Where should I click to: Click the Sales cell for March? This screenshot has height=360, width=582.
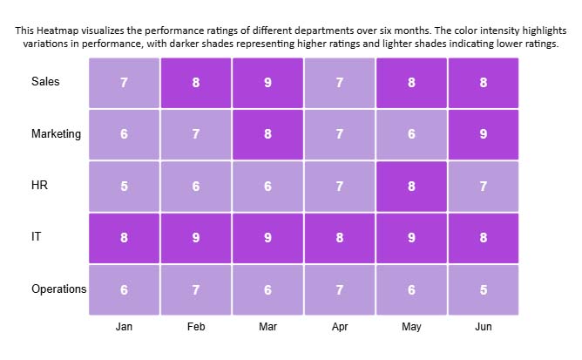point(267,83)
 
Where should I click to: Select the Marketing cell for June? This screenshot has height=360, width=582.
point(484,134)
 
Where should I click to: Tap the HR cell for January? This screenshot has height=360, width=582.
point(124,186)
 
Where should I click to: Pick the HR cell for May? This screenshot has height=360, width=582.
point(411,186)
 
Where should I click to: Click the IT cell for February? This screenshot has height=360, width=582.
point(196,237)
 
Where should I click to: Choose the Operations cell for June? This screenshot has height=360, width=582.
point(484,289)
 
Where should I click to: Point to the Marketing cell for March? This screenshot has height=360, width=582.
point(267,134)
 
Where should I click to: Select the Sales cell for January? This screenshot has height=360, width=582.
point(124,83)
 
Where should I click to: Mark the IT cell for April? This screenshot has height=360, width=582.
point(340,237)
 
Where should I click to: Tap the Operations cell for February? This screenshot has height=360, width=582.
point(196,289)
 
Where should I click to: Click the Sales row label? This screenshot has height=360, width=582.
point(45,82)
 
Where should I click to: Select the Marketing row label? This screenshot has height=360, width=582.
point(56,134)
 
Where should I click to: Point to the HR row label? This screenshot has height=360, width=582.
point(39,186)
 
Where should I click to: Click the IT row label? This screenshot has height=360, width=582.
point(36,237)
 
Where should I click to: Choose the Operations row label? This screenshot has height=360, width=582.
point(58,289)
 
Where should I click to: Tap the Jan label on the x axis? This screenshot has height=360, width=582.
point(124,328)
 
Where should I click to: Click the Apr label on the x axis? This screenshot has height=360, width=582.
point(340,328)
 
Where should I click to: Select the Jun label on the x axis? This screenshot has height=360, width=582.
point(484,328)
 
